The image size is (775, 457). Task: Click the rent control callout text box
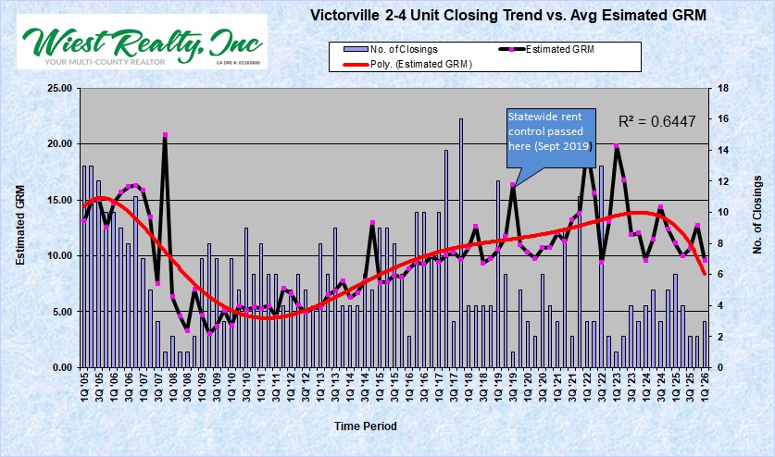pyautogui.click(x=550, y=132)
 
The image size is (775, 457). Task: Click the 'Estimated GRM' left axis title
pyautogui.click(x=20, y=226)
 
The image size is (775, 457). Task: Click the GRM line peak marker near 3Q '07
pyautogui.click(x=165, y=135)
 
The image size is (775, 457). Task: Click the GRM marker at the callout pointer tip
pyautogui.click(x=512, y=185)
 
